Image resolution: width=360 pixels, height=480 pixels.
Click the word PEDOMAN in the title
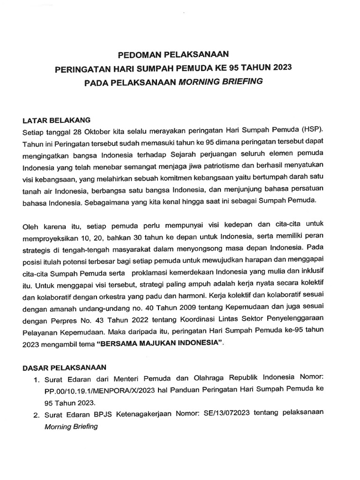[x=136, y=53]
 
